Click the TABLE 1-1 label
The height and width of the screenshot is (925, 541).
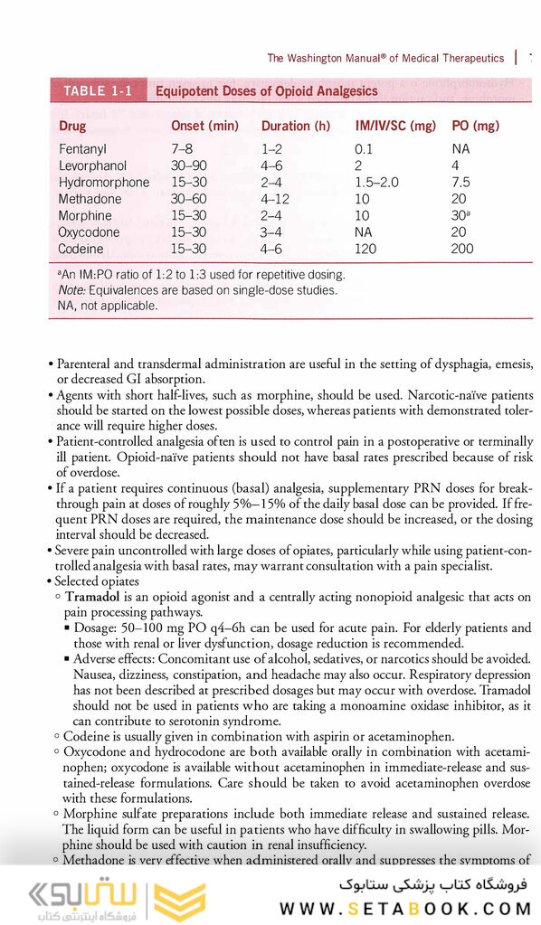coord(98,91)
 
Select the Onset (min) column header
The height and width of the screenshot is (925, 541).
coord(204,127)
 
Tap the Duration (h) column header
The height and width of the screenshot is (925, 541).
coord(296,127)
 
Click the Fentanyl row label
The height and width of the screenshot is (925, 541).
coord(81,149)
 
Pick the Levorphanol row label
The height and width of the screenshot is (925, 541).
coord(92,166)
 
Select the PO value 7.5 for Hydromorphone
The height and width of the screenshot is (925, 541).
coord(461,183)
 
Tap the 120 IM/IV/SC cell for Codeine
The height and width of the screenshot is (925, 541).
coord(365,249)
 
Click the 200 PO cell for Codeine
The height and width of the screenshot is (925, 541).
coord(462,249)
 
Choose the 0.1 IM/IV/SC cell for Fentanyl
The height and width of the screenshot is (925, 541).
coord(364,149)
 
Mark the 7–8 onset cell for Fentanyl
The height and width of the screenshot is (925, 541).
coord(181,149)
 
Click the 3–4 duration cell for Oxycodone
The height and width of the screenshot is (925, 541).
coord(272,232)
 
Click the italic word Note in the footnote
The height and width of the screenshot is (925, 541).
coord(71,290)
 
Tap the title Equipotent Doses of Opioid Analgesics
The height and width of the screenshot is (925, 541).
coord(267,91)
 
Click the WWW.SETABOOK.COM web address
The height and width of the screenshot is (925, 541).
coord(408,908)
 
